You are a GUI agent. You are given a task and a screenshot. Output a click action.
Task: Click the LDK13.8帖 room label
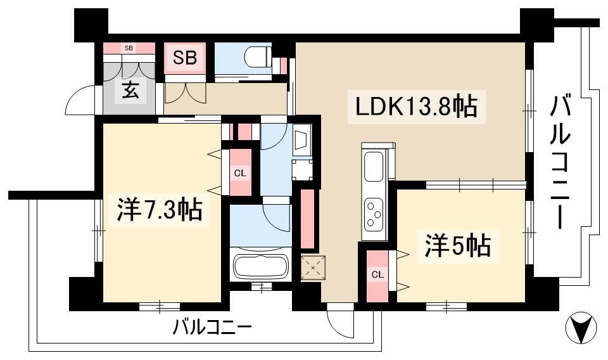coord(416,106)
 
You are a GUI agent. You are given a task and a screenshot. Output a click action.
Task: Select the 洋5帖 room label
coord(457,245)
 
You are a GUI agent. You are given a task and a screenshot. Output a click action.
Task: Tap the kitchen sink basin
coord(374,167)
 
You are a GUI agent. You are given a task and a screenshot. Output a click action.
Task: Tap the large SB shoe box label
coord(185,58)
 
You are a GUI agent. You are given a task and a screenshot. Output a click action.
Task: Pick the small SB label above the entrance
coord(129,48)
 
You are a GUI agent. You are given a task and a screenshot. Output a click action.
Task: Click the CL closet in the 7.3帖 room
coord(240,172)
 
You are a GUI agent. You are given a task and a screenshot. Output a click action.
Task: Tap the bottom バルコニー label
coord(212,328)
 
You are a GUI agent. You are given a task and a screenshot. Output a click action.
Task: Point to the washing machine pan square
coord(302,170)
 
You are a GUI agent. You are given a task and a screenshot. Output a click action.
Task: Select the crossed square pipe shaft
coord(312,267)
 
